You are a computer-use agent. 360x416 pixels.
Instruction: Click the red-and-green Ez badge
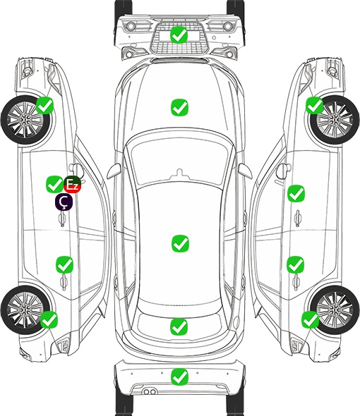72,185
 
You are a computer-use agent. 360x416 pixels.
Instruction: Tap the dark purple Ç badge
64,202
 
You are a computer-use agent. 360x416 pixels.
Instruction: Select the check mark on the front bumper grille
179,35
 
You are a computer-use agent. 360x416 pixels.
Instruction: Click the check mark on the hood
179,107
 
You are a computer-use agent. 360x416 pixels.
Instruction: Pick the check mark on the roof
180,243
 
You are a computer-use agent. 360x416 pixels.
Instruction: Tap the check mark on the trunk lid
179,327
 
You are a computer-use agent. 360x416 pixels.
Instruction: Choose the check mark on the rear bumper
179,377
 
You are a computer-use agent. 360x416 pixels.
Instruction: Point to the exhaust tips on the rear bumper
150,392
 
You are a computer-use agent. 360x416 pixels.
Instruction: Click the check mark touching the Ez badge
55,185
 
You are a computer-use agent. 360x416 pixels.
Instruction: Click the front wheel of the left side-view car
26,120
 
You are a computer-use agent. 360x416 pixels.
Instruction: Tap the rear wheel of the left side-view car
25,310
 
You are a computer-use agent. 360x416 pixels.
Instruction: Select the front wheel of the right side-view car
335,120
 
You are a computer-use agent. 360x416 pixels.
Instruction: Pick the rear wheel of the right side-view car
335,310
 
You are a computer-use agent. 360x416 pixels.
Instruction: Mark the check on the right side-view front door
296,194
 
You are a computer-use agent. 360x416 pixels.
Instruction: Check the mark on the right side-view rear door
296,265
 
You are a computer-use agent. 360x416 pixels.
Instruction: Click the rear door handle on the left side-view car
64,282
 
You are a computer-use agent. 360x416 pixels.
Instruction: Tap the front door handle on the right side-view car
298,218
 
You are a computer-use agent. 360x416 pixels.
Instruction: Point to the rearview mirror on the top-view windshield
180,173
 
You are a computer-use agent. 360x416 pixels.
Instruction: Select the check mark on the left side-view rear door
64,265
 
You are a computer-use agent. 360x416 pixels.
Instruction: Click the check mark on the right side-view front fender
315,105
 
